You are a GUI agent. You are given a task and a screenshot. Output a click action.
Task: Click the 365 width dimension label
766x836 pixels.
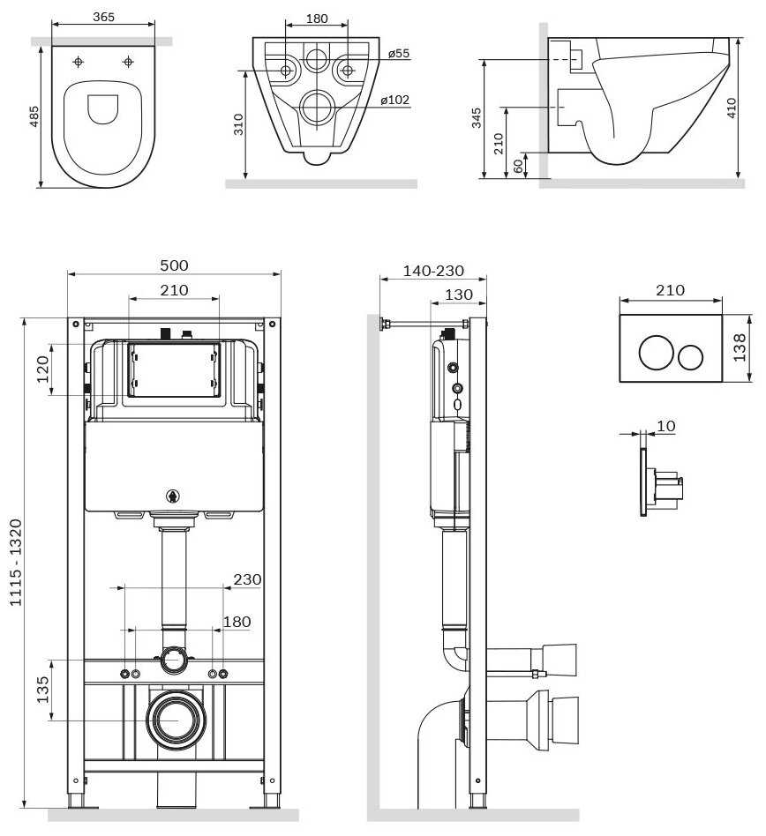click(103, 17)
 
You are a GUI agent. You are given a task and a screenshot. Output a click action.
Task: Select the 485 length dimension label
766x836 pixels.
click(34, 116)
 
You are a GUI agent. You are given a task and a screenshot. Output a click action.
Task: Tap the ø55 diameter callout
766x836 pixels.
click(399, 53)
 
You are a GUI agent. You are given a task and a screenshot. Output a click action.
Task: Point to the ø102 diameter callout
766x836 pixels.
click(395, 100)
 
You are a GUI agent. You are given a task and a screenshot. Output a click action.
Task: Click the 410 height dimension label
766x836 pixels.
click(731, 108)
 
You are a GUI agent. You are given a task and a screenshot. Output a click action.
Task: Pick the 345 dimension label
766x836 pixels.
click(477, 118)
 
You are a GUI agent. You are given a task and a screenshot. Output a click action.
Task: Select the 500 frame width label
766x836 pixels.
click(174, 265)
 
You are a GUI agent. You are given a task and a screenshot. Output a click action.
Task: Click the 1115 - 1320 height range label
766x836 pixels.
click(16, 562)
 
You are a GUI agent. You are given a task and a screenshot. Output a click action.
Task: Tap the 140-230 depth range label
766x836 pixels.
click(433, 271)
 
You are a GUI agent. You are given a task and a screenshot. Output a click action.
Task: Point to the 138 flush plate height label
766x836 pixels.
click(740, 347)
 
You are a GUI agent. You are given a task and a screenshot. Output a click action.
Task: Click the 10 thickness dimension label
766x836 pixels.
click(665, 426)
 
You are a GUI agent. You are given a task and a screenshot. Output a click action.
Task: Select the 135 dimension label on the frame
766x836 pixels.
click(42, 690)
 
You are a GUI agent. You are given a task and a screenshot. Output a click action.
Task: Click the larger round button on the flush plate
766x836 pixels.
click(656, 353)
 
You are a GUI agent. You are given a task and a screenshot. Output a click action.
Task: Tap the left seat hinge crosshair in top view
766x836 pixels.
click(79, 62)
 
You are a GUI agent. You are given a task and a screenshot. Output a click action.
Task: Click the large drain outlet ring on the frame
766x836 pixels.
click(176, 698)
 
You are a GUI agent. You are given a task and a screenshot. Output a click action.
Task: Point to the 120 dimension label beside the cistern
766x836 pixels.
click(42, 369)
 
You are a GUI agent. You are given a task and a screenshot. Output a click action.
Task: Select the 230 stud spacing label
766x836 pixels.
click(247, 579)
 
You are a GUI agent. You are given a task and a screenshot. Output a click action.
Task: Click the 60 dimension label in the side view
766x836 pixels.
click(518, 166)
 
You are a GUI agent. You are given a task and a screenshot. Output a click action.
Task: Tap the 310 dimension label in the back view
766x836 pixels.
click(238, 124)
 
